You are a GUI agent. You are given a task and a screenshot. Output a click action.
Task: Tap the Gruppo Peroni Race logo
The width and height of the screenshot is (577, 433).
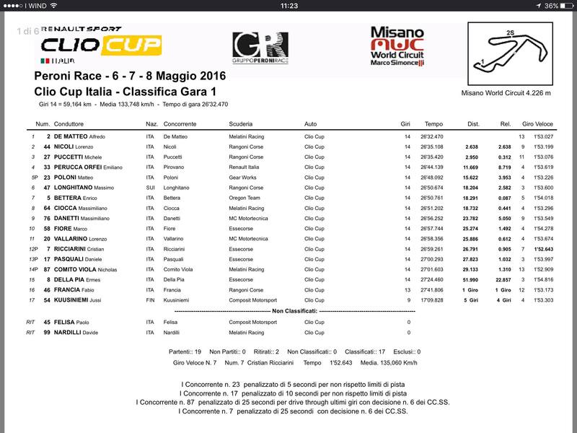coord(260,48)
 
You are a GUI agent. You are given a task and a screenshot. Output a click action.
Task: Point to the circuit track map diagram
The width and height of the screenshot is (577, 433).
coord(506,54)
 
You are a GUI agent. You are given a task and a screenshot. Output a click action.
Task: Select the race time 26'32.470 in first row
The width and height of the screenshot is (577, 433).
coord(433,136)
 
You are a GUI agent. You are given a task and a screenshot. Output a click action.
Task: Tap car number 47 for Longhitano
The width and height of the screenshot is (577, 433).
coord(46,187)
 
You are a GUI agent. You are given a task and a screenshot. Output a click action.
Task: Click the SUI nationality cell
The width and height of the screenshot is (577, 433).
coord(150,187)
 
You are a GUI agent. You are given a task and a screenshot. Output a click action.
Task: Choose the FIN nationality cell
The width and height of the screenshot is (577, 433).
coord(150,299)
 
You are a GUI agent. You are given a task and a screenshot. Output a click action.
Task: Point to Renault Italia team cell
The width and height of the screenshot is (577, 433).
coord(247,167)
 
